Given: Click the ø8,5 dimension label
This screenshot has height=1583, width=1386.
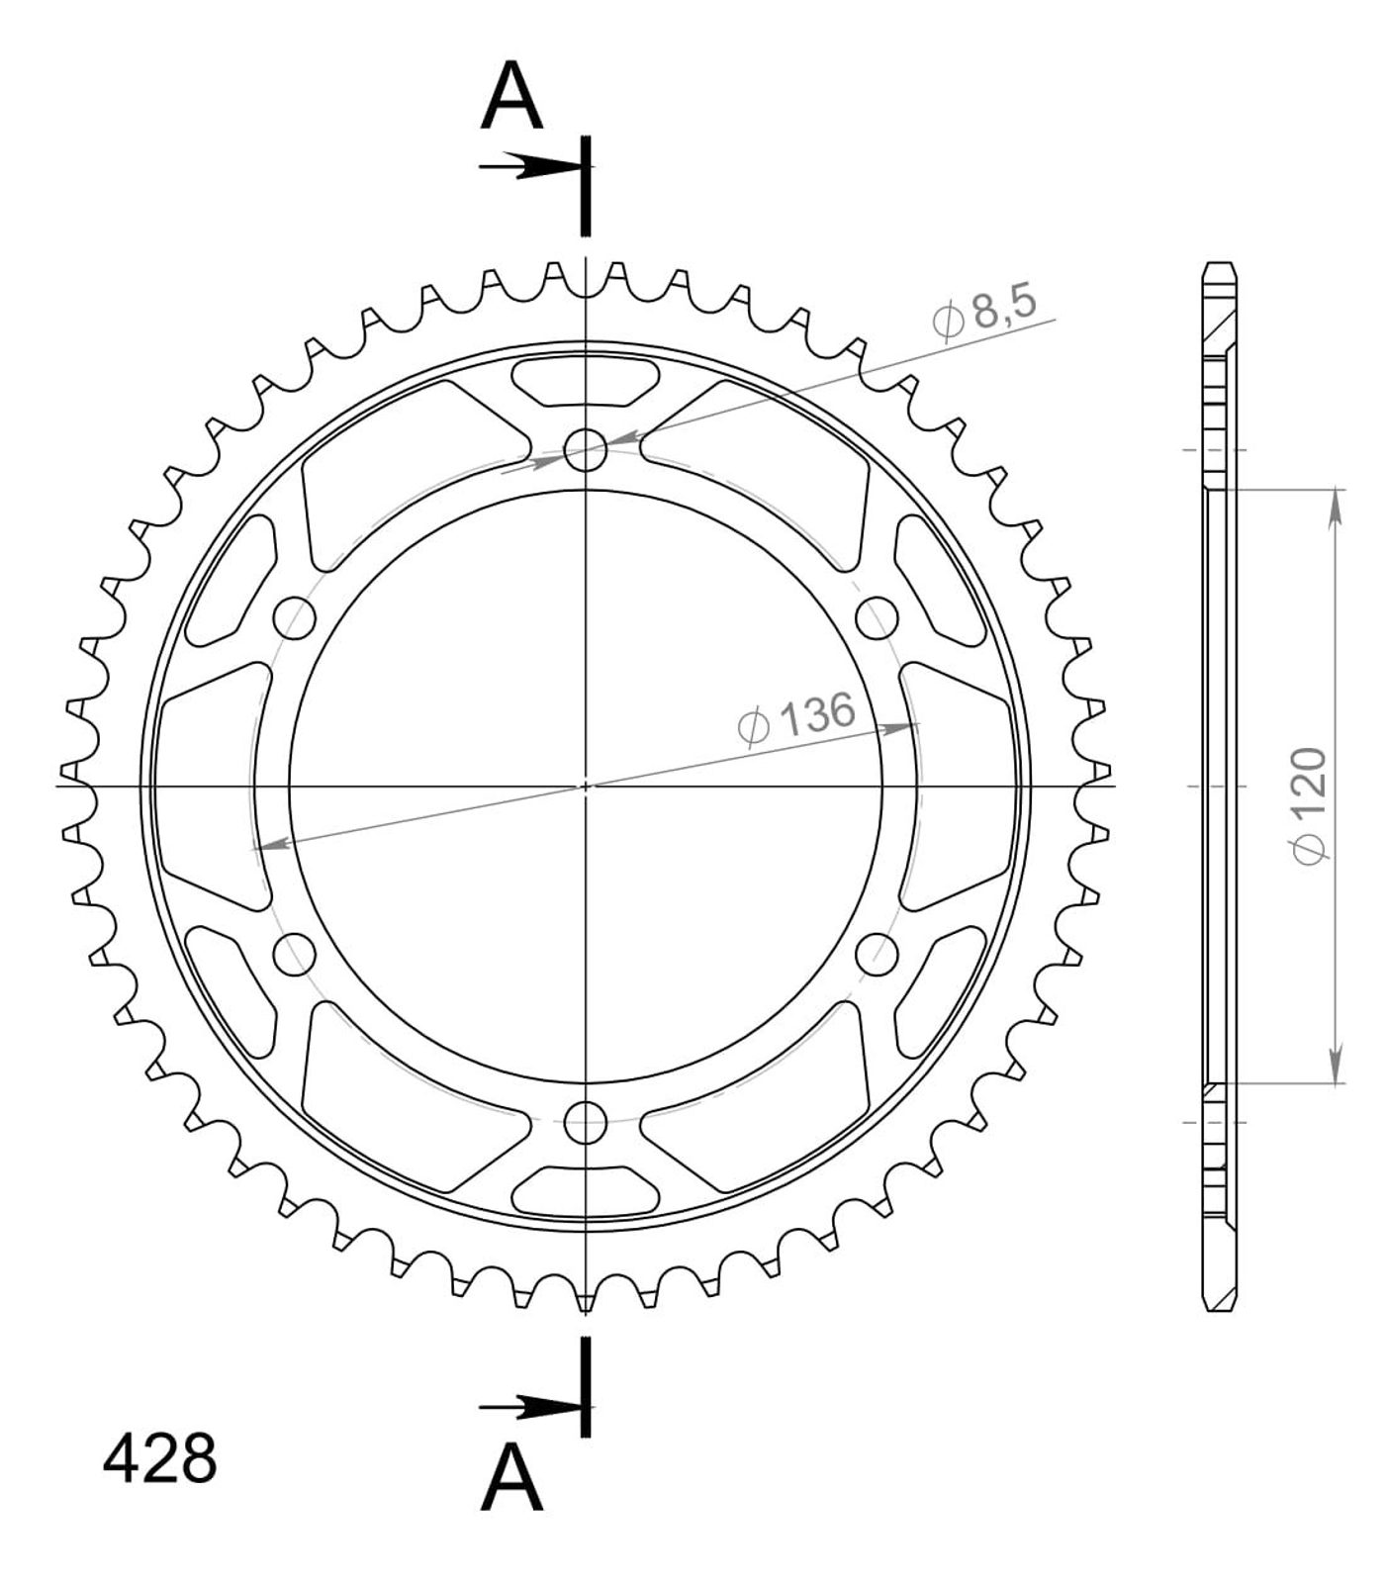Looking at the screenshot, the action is coord(984,312).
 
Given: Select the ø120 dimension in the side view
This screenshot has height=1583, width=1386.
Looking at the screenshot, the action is coord(1310,806).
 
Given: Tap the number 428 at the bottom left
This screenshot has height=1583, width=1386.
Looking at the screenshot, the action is coord(159,1458).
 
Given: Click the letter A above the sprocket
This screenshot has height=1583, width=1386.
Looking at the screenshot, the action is coord(511,96).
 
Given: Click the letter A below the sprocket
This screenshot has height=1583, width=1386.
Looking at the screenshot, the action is coord(511,1476).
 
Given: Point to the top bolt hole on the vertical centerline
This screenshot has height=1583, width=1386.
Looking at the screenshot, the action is coord(585,450).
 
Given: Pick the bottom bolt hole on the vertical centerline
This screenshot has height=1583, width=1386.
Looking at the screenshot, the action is coord(585,1121).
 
